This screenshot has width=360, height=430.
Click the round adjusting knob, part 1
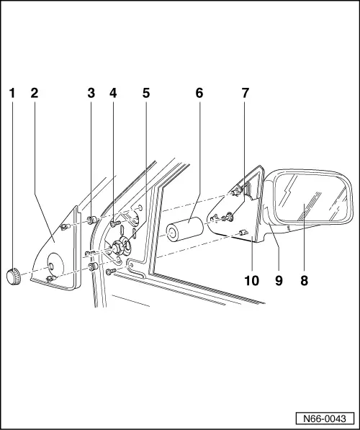click(12, 274)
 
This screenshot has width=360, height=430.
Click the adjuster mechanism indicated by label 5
click(115, 250)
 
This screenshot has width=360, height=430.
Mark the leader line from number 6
click(195, 158)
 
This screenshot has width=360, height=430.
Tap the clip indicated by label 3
click(91, 219)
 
